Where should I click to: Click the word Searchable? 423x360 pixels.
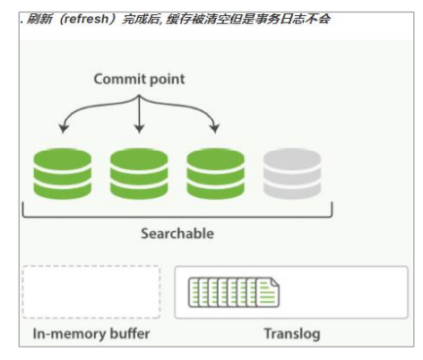177,233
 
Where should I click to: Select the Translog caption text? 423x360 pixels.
291,334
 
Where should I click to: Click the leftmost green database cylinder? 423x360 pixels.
62,174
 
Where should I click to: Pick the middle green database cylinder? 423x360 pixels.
139,174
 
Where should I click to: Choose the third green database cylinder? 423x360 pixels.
215,174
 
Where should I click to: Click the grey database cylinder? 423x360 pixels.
292,174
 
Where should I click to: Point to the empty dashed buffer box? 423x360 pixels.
91,292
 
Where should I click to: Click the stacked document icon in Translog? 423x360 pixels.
233,293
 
